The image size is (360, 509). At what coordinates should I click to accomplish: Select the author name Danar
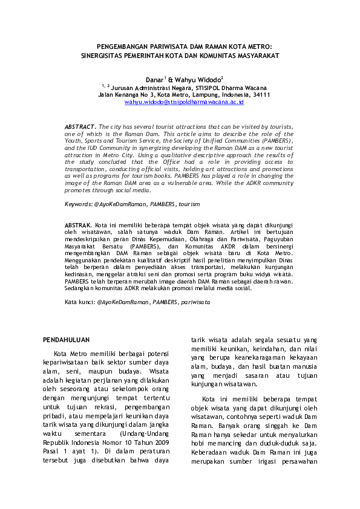155,79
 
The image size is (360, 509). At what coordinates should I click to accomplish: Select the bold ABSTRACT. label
80,126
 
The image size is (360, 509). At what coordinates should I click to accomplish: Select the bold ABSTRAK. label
79,224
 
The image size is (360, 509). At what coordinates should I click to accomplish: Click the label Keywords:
79,205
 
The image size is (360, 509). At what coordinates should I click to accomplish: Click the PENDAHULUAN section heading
68,340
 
